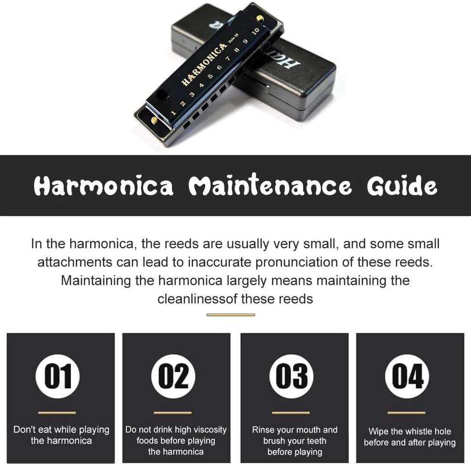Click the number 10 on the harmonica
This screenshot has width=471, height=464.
[x=256, y=31]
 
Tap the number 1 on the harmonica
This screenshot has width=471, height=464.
[x=173, y=113]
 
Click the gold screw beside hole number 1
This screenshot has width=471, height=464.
[x=154, y=120]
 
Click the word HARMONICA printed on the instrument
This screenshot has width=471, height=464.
[x=204, y=63]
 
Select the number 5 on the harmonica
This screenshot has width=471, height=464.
[x=210, y=76]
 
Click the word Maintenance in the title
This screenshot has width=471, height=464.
[x=270, y=185]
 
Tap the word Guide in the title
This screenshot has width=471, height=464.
[x=402, y=185]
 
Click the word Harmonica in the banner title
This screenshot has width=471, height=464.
[x=104, y=186]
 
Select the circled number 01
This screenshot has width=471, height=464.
[x=58, y=376]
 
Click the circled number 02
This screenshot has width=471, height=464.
[x=173, y=376]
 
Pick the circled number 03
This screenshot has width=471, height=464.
[x=292, y=376]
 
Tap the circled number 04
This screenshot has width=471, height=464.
[x=407, y=376]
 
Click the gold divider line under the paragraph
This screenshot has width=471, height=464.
[x=230, y=315]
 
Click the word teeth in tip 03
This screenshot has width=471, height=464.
[x=316, y=441]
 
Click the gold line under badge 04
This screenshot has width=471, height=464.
[x=407, y=412]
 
